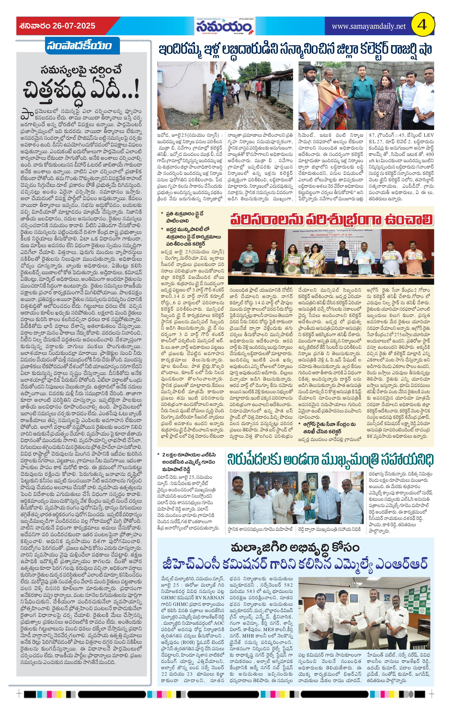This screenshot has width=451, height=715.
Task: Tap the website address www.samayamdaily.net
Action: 368,26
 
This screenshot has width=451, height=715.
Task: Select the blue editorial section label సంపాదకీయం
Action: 79,45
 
